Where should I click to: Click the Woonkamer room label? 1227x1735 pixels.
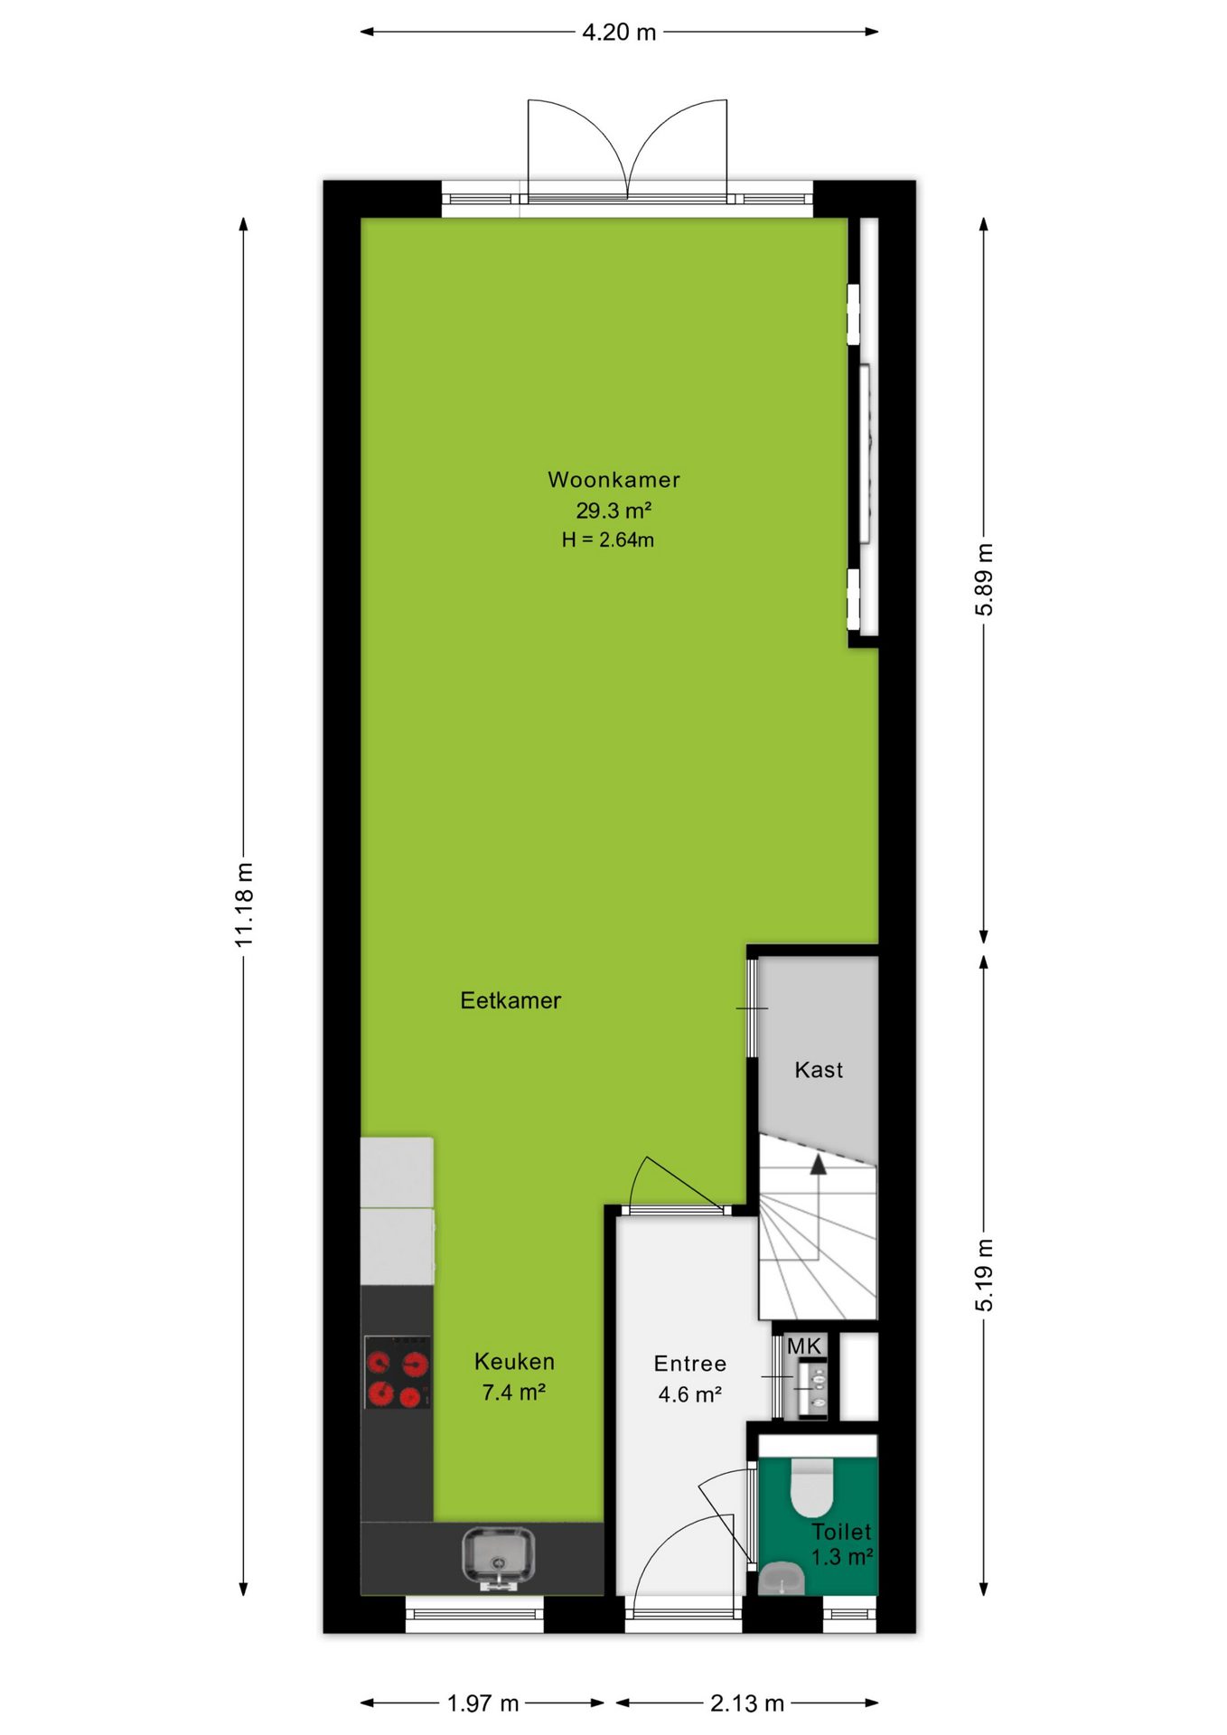pos(613,480)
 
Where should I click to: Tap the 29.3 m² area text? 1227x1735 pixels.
pos(613,511)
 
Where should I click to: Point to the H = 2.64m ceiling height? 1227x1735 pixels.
pos(607,540)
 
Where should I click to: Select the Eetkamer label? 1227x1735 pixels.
pos(510,1000)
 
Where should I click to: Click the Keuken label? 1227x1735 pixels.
pos(514,1362)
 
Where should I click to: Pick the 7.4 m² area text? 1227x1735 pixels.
pos(513,1393)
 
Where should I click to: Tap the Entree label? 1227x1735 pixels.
pos(689,1364)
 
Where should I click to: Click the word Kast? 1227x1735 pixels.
pos(819,1070)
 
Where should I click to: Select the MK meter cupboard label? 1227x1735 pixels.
pos(804,1346)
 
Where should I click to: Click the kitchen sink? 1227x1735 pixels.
pos(496,1558)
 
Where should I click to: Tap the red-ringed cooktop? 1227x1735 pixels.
pos(397,1373)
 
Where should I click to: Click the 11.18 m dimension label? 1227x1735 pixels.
pos(244,905)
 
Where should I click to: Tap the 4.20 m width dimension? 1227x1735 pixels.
pos(619,33)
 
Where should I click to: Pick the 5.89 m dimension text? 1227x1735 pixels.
pos(984,580)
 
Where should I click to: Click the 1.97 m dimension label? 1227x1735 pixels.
pos(483,1703)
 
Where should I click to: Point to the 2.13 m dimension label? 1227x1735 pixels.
pos(747,1703)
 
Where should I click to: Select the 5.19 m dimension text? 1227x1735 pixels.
pos(984,1275)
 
